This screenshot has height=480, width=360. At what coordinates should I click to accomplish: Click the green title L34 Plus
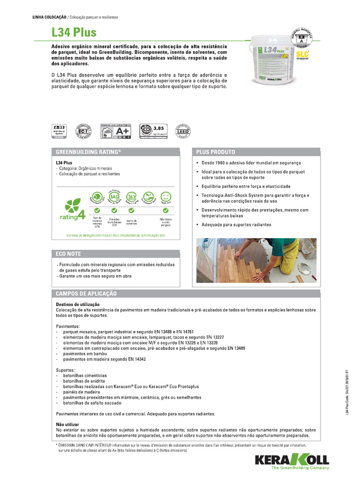click(x=74, y=32)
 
